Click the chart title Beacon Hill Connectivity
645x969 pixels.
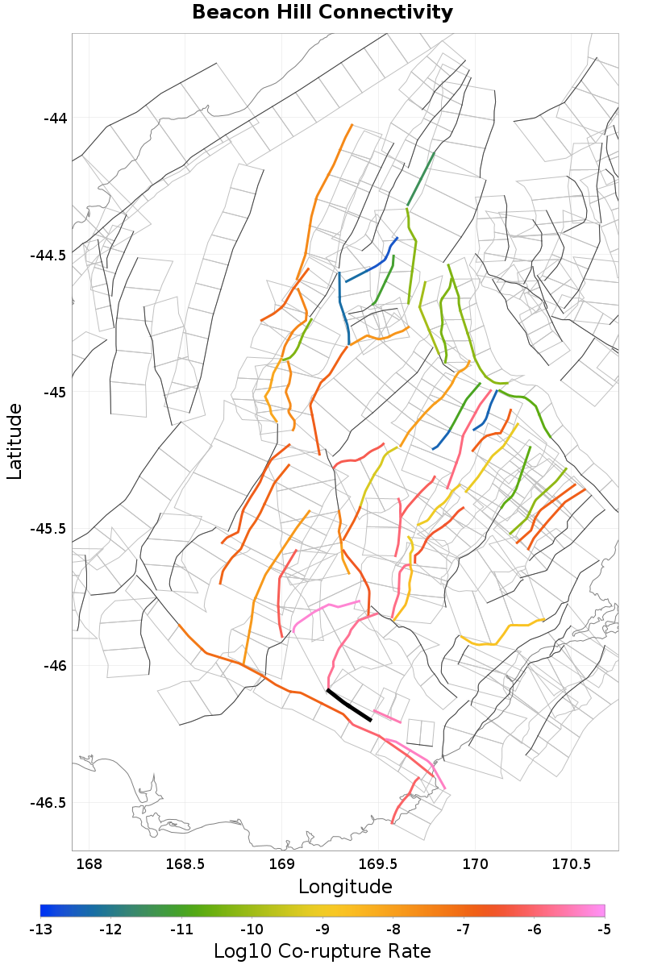322,13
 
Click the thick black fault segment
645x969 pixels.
348,705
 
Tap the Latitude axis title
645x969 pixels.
15,442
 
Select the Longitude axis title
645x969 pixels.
345,887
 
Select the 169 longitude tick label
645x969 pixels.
281,865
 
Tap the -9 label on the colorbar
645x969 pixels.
322,929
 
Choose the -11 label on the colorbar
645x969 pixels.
181,929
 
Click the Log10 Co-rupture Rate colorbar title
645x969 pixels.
322,950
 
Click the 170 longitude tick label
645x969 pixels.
474,865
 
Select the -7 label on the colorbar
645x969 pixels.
464,929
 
